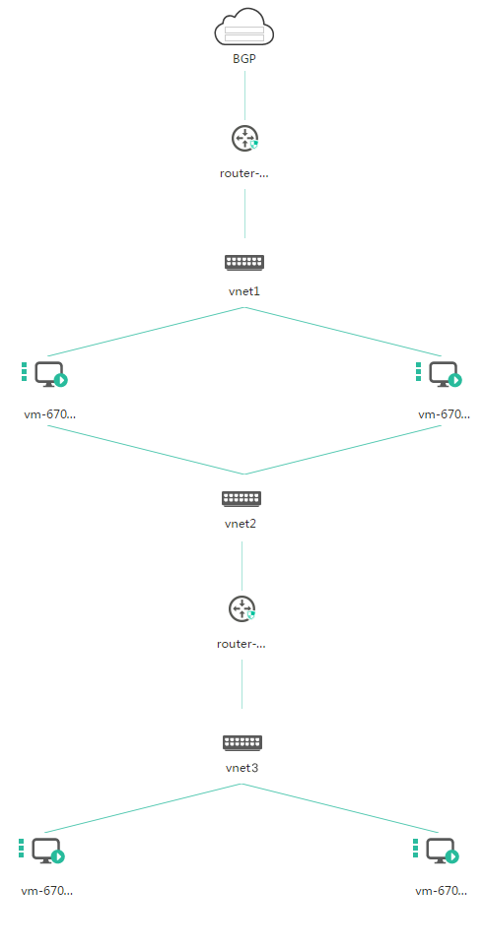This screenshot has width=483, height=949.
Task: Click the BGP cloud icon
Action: click(244, 27)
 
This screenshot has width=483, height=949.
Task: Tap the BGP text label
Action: click(244, 59)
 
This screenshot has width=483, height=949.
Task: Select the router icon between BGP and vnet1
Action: click(244, 139)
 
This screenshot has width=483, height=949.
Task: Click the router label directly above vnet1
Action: click(243, 173)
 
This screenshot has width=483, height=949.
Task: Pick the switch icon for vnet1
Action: click(244, 262)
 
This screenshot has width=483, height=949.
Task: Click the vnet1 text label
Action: click(244, 291)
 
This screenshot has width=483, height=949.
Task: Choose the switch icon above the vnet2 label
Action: click(241, 499)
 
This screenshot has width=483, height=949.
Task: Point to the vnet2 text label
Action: click(241, 524)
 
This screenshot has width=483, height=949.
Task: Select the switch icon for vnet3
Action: click(241, 742)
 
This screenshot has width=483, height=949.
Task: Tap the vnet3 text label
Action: click(241, 768)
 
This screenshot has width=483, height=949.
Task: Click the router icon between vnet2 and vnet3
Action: click(241, 608)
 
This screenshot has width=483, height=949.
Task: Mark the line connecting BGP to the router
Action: click(244, 95)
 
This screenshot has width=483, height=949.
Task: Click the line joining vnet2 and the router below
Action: click(241, 566)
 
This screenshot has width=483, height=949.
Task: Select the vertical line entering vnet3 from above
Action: click(241, 684)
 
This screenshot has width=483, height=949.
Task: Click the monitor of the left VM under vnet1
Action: click(48, 373)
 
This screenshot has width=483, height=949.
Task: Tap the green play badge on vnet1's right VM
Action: click(455, 380)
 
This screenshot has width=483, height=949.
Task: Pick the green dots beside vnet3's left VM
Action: click(21, 848)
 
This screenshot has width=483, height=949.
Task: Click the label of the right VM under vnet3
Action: click(442, 891)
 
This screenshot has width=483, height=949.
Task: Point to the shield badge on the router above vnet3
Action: click(251, 615)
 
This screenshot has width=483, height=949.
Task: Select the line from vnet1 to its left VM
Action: click(146, 332)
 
